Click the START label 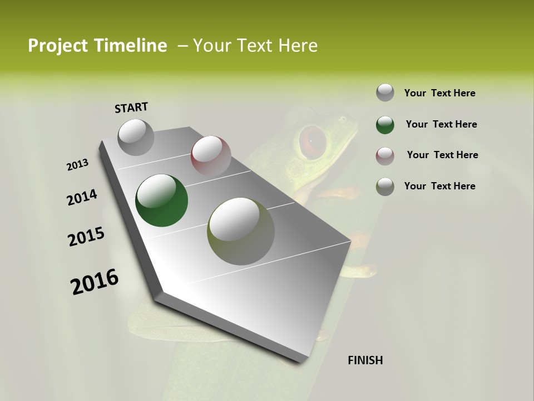coord(131,107)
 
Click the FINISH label coord(365,360)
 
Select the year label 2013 coord(77,165)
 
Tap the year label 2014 coord(82,198)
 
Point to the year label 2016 coord(95,282)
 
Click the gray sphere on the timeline coord(136,137)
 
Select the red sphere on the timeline coord(211,155)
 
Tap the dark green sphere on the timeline coord(161,200)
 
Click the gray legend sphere coord(385,92)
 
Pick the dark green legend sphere coord(385,124)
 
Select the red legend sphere coord(385,155)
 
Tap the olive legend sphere coord(385,186)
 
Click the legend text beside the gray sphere coord(439,93)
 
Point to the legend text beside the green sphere coord(441,124)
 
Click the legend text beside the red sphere coord(442,155)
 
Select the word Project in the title coord(55,46)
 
